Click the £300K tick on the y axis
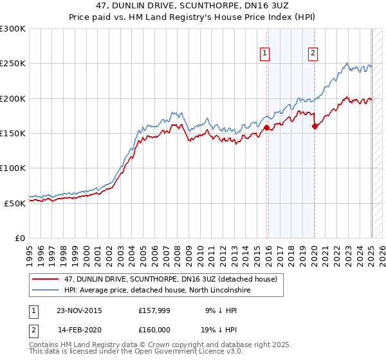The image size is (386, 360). (x=13, y=29)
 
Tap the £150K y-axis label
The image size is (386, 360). (x=13, y=133)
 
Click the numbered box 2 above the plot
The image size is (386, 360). (x=313, y=54)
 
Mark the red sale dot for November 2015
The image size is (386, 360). (x=266, y=128)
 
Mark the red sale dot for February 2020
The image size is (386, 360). (x=315, y=127)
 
